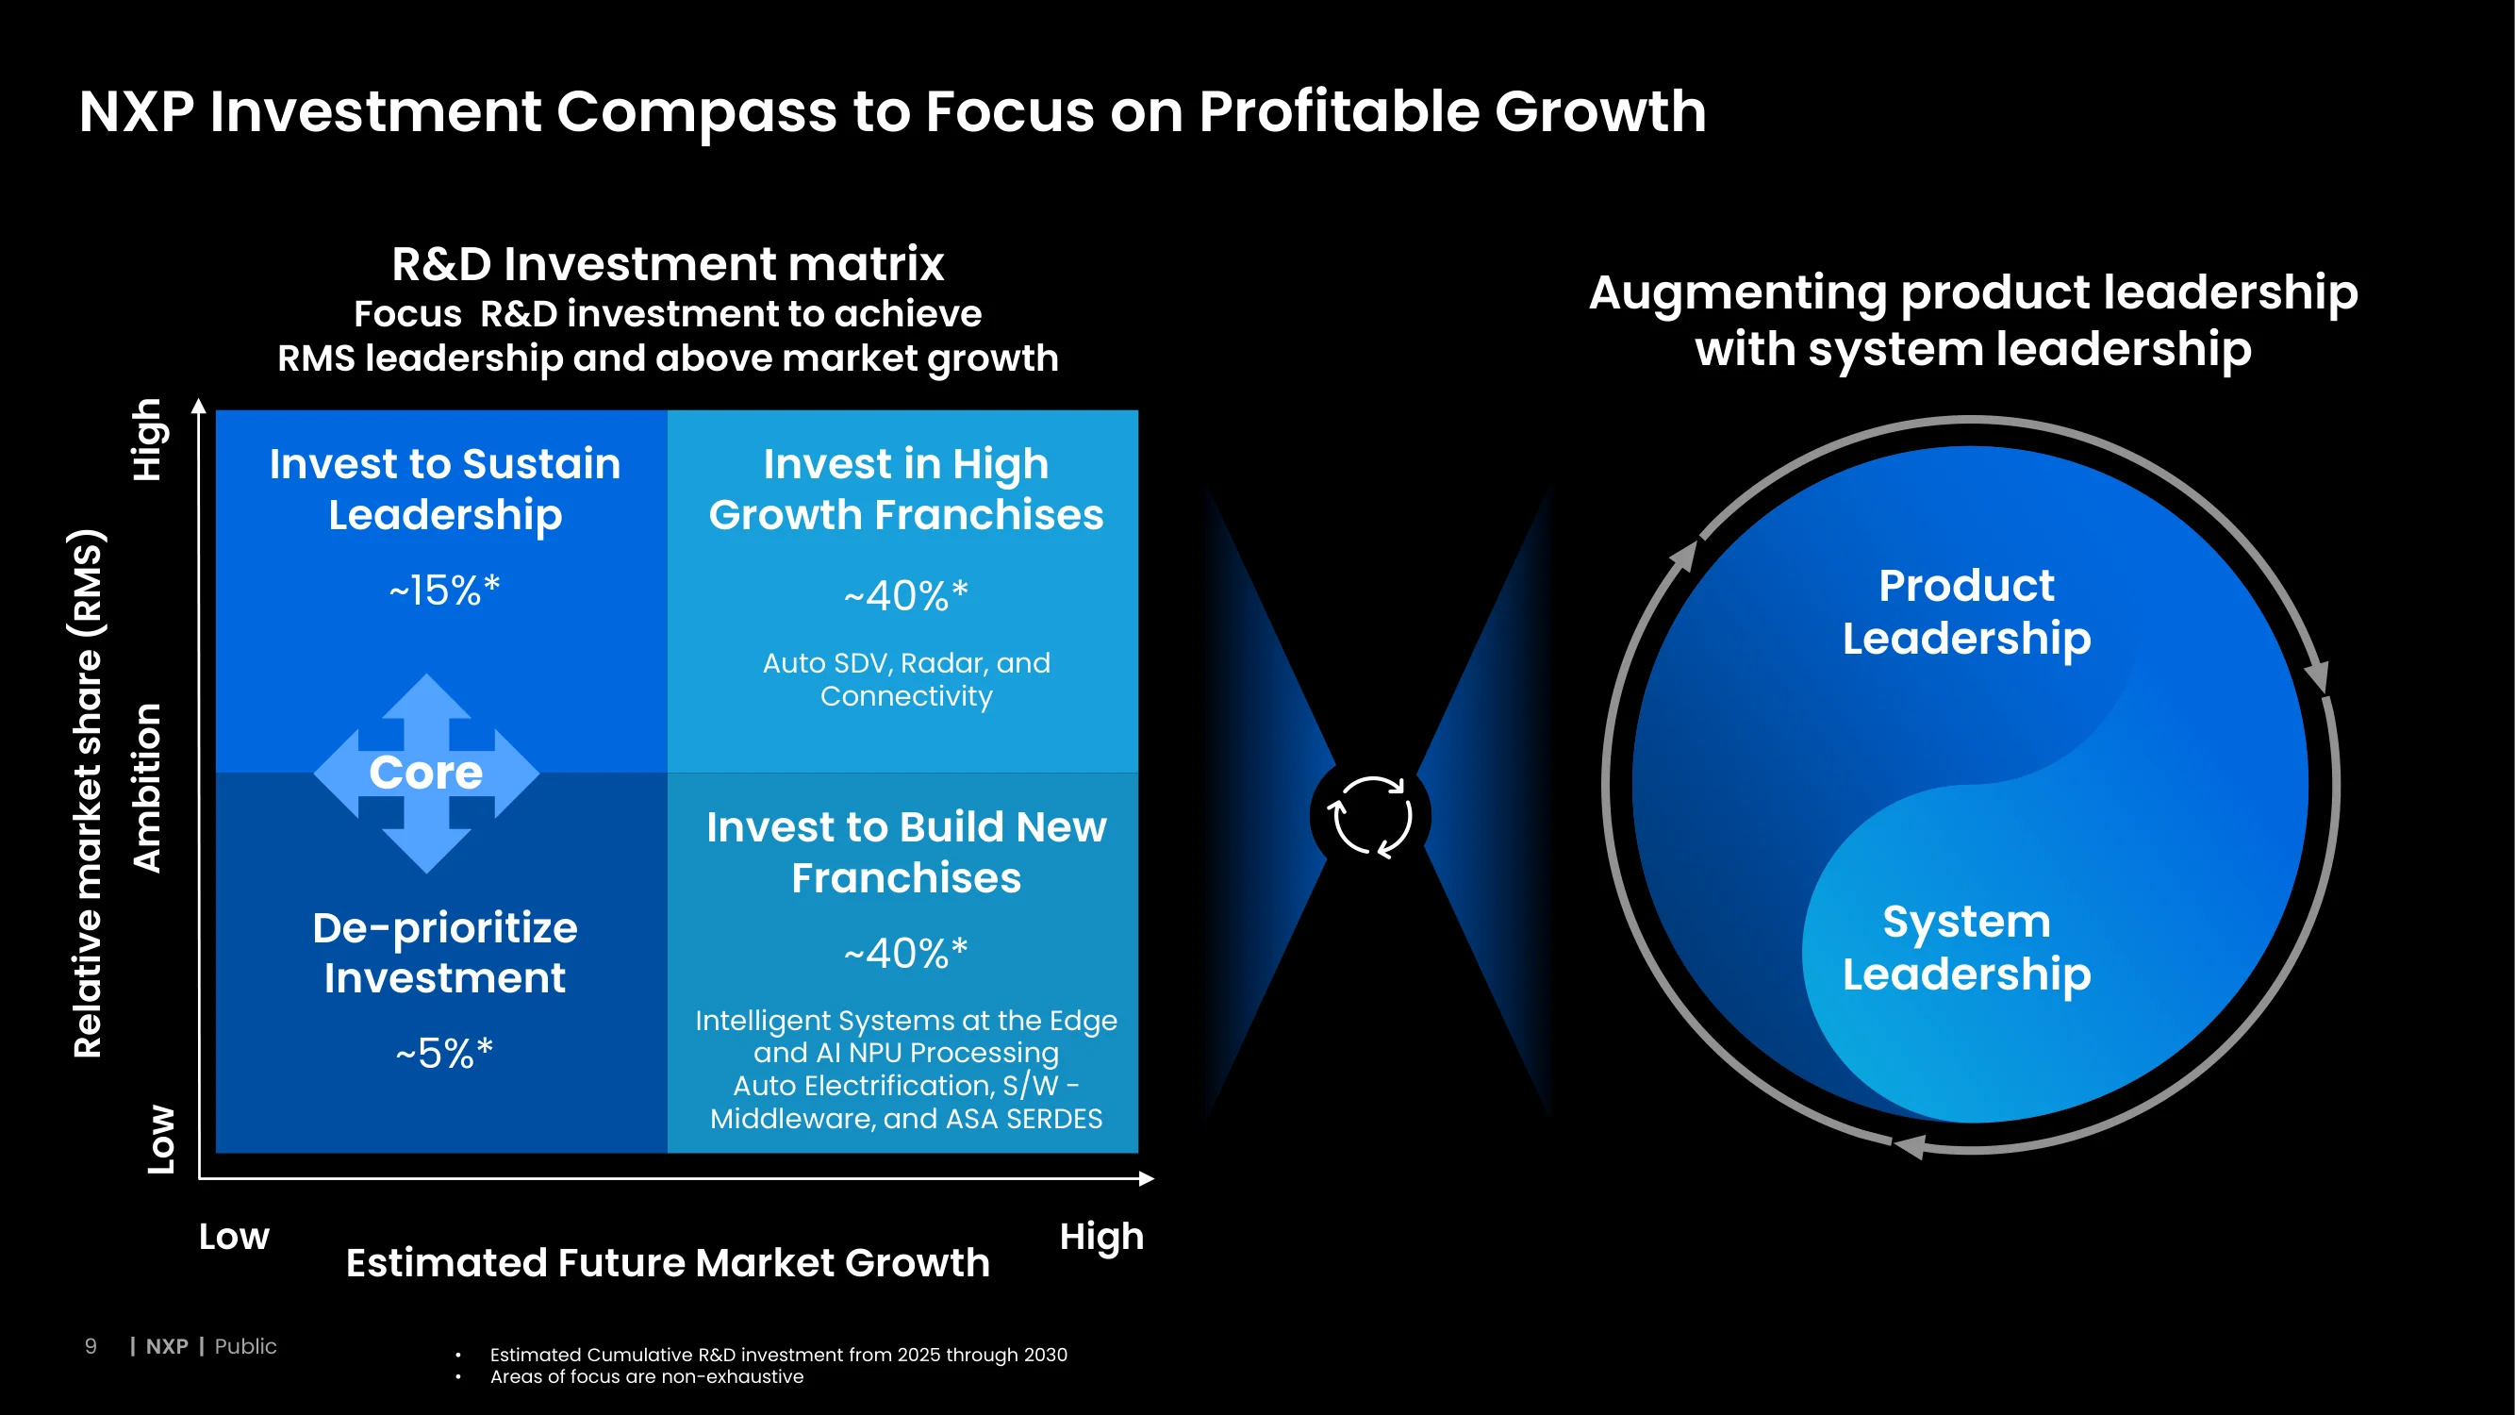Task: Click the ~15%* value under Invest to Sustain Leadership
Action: click(x=444, y=590)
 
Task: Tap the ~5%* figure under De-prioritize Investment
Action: click(x=444, y=1054)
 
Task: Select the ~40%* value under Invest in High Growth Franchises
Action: click(x=906, y=594)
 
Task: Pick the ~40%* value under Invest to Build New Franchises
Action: click(x=906, y=953)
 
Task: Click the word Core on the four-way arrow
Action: click(x=425, y=773)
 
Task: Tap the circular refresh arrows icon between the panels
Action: click(x=1370, y=816)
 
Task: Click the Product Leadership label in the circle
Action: click(x=1966, y=612)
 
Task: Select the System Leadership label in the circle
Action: click(x=1966, y=948)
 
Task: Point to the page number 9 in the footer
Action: click(x=91, y=1347)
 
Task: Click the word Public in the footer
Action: click(x=245, y=1347)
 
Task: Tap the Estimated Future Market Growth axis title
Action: click(x=668, y=1263)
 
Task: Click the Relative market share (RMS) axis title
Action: click(x=88, y=793)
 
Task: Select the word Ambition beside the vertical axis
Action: click(x=146, y=787)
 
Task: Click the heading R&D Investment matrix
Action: click(x=668, y=264)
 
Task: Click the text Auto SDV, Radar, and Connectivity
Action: click(x=906, y=678)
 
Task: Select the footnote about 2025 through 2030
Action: click(x=778, y=1355)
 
